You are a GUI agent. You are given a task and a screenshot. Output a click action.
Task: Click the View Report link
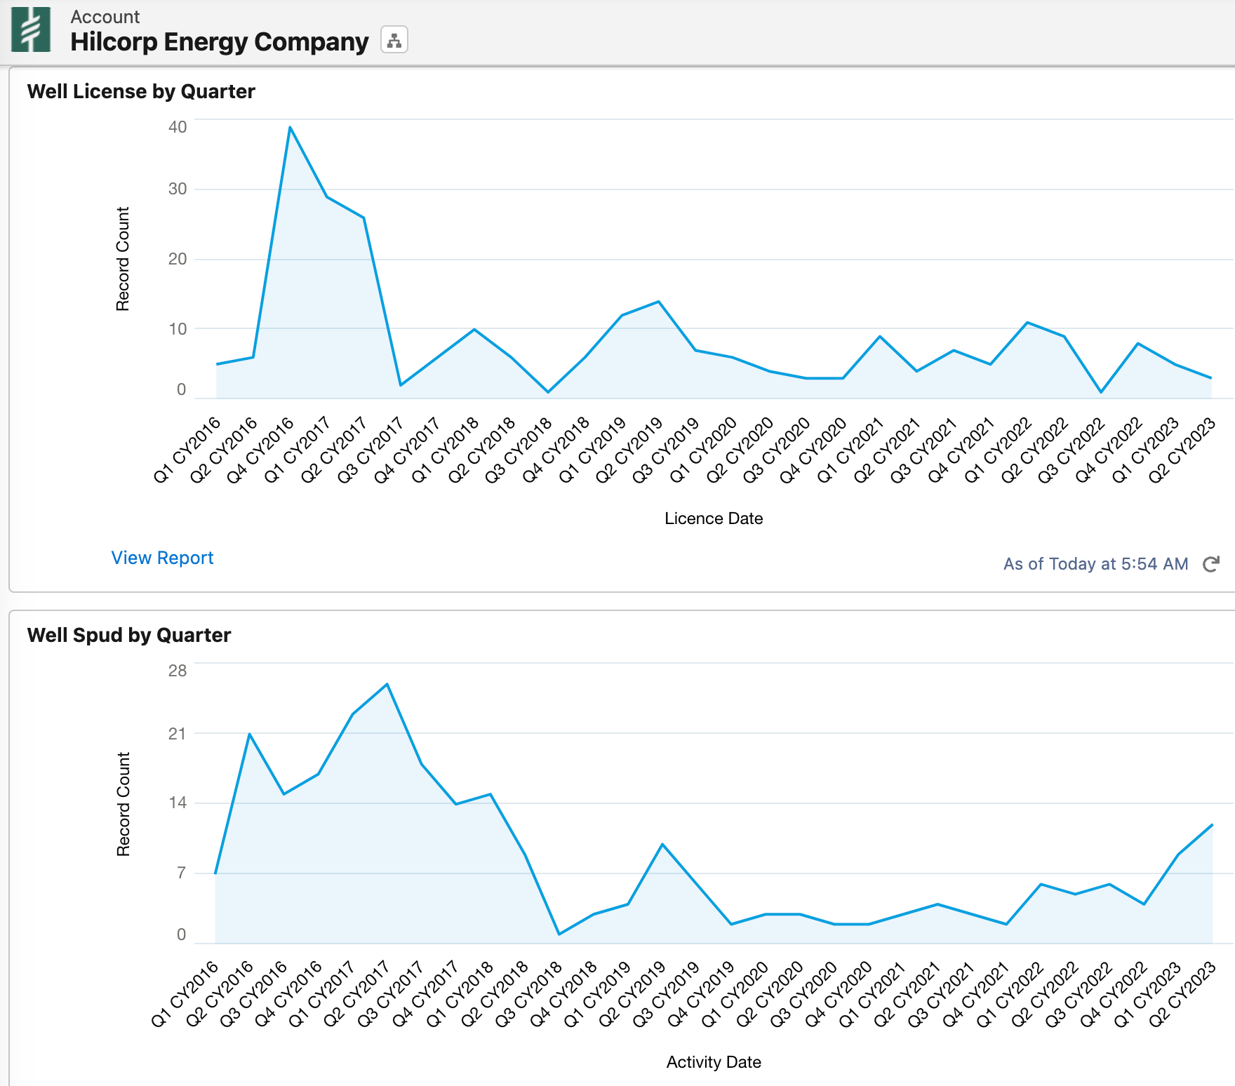162,558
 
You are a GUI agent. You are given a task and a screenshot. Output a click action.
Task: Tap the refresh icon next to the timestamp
1211,564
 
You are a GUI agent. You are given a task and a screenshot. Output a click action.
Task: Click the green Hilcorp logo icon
31,29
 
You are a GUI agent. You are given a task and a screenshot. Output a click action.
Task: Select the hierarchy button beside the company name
394,40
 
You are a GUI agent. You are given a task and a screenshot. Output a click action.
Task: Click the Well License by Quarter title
141,91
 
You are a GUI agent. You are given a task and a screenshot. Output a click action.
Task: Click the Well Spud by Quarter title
129,635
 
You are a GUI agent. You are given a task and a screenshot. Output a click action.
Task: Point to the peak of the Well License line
290,128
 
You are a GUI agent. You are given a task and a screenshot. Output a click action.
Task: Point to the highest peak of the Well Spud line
387,684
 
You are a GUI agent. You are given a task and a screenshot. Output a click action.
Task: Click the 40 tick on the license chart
178,127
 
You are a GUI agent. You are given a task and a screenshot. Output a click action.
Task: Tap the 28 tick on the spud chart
178,671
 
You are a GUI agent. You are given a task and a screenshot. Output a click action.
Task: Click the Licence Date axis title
714,518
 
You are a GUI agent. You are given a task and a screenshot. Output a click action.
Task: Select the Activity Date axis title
714,1062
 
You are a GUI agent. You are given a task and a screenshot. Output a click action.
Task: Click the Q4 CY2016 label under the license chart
260,450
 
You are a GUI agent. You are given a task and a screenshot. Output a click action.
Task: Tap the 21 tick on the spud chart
178,734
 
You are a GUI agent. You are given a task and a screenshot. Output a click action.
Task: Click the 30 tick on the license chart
178,189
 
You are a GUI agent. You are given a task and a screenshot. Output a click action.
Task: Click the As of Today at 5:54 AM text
1095,564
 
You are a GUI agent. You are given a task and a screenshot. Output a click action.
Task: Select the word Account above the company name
105,17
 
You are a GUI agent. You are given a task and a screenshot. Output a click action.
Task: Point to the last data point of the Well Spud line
1212,825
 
